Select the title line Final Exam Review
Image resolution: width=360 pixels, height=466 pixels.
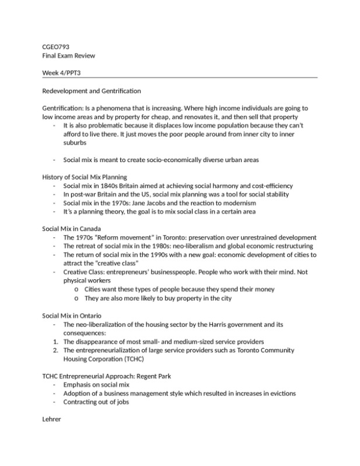pos(68,55)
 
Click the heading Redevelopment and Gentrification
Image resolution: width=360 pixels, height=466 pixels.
pos(92,91)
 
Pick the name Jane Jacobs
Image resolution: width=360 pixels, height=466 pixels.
pos(153,203)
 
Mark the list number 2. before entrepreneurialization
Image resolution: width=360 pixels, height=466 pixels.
pos(55,350)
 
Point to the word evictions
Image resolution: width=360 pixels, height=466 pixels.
pos(281,393)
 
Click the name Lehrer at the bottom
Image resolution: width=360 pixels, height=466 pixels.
pos(52,419)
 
